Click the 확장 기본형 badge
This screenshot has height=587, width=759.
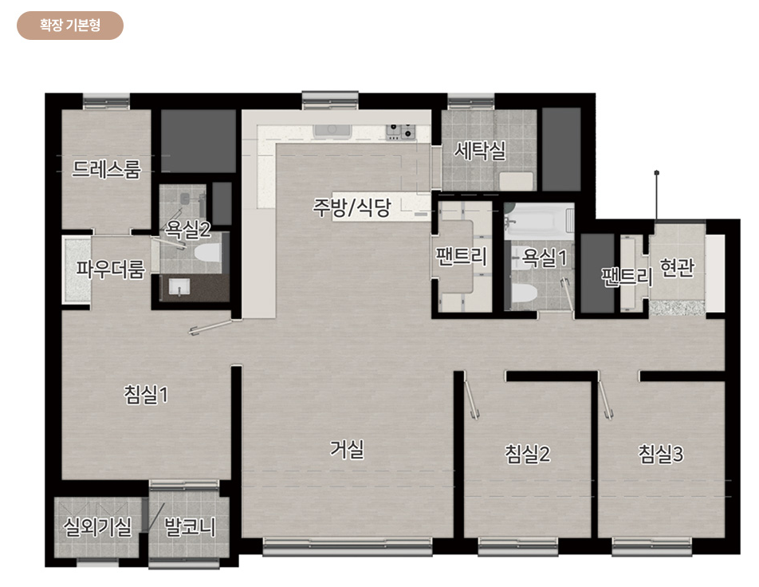[x=70, y=26]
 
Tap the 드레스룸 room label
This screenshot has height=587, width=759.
[x=107, y=169]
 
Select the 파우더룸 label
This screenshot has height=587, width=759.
[x=110, y=269]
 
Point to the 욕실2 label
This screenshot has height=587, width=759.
[x=188, y=229]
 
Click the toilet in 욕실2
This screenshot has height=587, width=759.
[x=207, y=253]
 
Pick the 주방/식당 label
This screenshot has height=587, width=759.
[x=352, y=208]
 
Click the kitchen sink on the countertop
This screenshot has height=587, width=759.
[x=332, y=131]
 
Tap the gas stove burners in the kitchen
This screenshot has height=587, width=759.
[x=401, y=132]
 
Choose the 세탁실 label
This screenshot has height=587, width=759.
[x=480, y=150]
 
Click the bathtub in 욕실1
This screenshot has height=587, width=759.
[x=539, y=222]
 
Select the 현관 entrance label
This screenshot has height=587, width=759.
[x=677, y=267]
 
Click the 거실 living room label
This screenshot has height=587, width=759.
[x=347, y=448]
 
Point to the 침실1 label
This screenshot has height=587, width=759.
[x=146, y=394]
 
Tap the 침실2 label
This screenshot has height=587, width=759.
[x=528, y=454]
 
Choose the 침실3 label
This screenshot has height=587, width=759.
[x=661, y=454]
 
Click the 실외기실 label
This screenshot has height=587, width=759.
[x=97, y=526]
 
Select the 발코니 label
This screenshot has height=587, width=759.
[x=190, y=526]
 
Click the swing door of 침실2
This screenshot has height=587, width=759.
[x=471, y=399]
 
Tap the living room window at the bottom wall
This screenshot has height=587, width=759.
[x=348, y=546]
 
